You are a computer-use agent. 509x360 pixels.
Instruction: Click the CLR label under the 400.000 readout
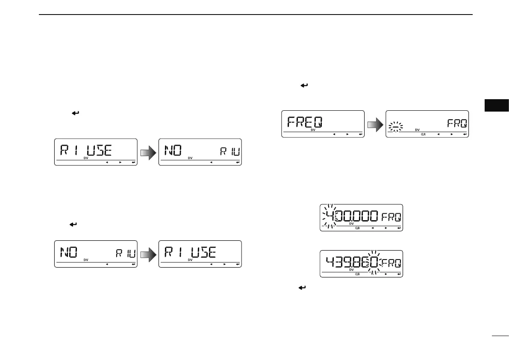point(358,228)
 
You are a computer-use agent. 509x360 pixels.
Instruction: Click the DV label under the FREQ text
point(312,131)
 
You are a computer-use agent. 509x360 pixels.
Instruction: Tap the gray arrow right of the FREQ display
point(375,124)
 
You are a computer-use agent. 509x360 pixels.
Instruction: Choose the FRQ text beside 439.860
point(390,262)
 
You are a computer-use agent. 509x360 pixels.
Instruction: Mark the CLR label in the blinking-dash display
point(423,135)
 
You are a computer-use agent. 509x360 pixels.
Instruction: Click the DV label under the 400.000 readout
point(352,224)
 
